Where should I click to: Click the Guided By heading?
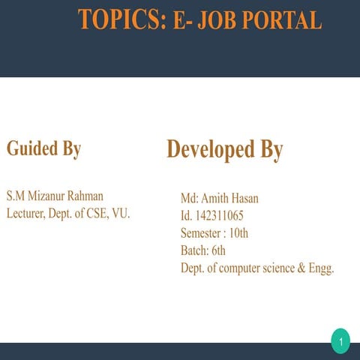43,148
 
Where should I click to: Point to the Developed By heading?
224,149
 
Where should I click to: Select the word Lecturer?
28,214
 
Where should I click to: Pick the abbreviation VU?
121,214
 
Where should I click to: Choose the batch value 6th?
218,250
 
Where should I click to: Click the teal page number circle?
340,343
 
